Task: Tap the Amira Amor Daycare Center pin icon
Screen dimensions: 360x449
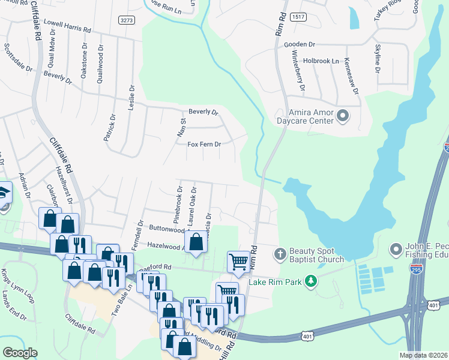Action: [343, 115]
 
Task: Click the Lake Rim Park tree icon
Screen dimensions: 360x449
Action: [310, 281]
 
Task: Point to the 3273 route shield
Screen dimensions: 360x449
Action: [127, 20]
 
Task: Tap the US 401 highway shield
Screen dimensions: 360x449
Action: [308, 336]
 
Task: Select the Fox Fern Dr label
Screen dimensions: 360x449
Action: [205, 145]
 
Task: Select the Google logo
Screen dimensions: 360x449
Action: [20, 353]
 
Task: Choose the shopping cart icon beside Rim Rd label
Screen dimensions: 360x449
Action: [239, 262]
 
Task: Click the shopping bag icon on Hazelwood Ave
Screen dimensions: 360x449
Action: [196, 243]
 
